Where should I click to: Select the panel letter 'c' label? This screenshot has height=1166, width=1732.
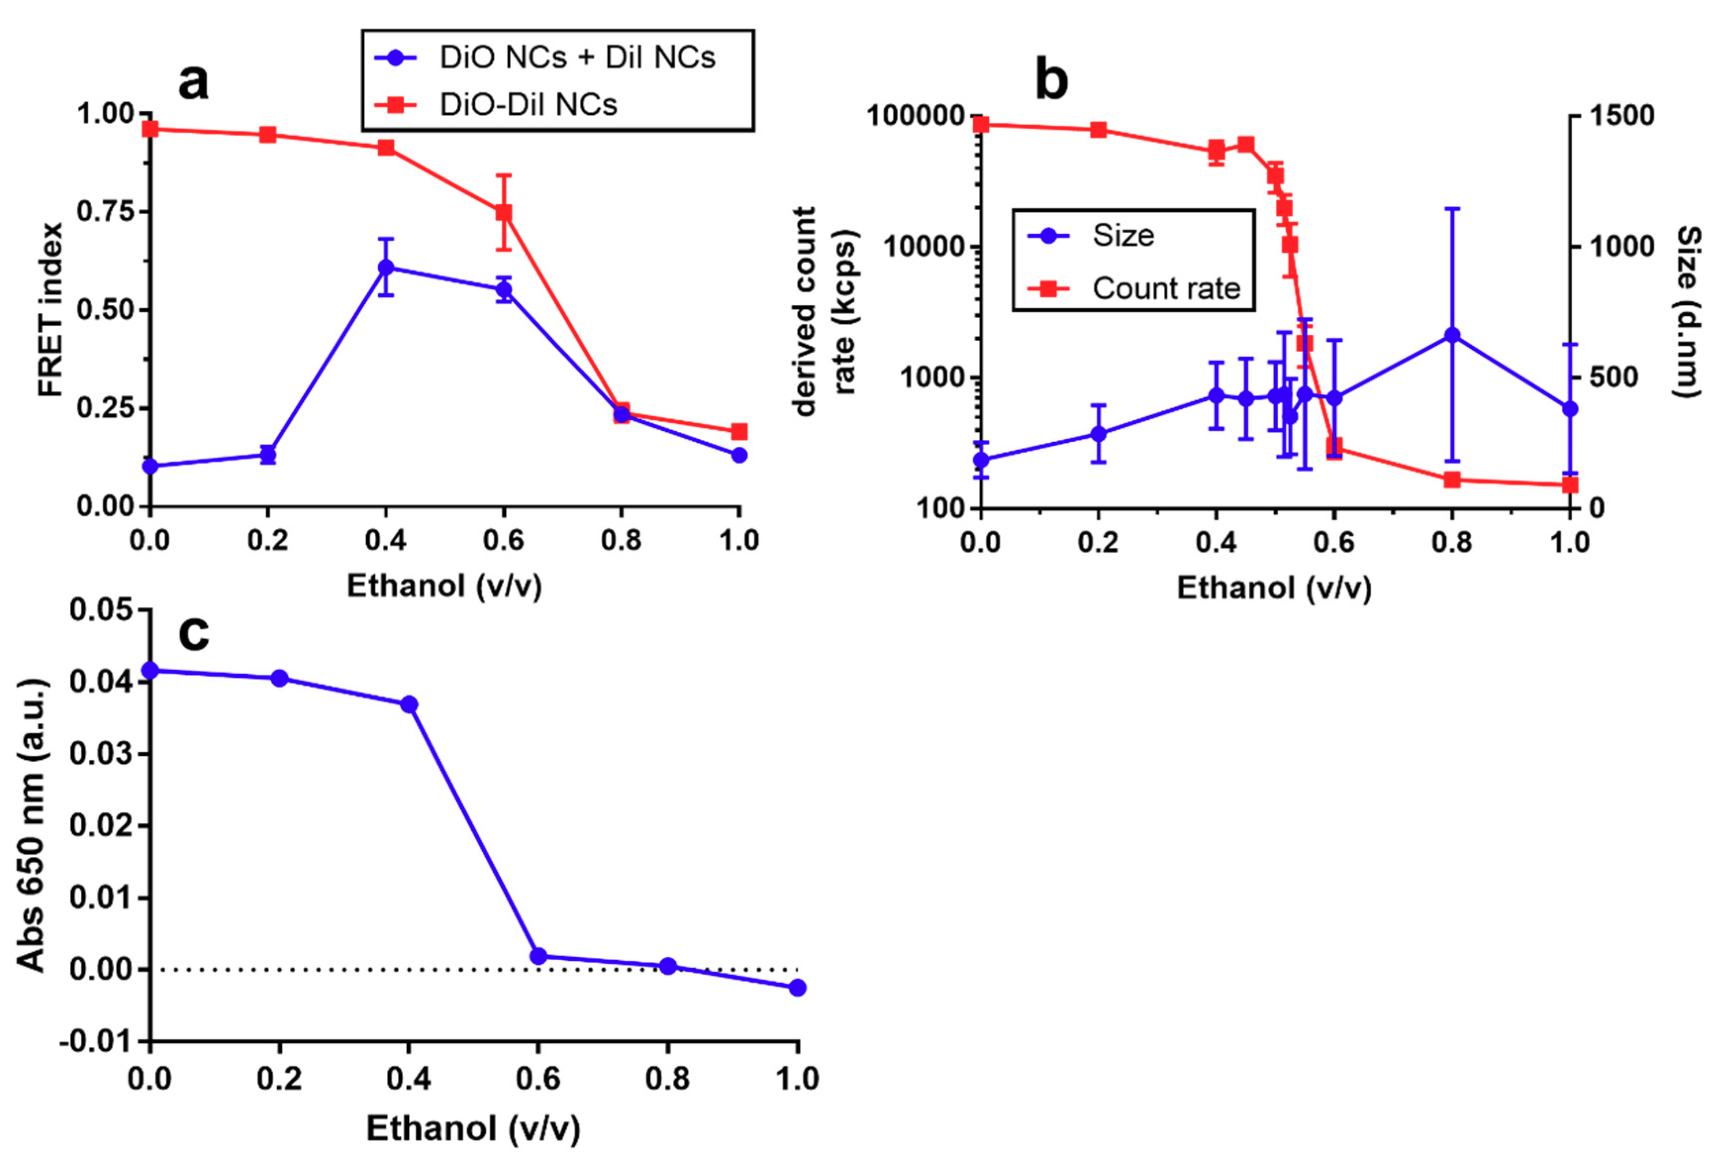(x=194, y=634)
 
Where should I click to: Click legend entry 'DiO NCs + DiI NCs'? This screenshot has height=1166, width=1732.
(x=577, y=58)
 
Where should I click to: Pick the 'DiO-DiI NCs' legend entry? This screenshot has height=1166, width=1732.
(x=528, y=105)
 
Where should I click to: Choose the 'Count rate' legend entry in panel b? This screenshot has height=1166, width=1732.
(x=1165, y=288)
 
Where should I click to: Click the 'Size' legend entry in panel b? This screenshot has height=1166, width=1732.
(x=1122, y=236)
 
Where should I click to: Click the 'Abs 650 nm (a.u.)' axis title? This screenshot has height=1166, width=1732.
(x=31, y=826)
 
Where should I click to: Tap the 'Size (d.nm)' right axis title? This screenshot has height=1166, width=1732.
(x=1688, y=312)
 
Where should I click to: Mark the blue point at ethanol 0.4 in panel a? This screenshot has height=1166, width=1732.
(x=385, y=267)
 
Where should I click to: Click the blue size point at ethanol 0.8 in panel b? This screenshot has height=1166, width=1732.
(x=1451, y=335)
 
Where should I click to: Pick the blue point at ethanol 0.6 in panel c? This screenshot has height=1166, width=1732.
(x=538, y=956)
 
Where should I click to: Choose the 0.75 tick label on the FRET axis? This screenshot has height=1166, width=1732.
(x=106, y=212)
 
